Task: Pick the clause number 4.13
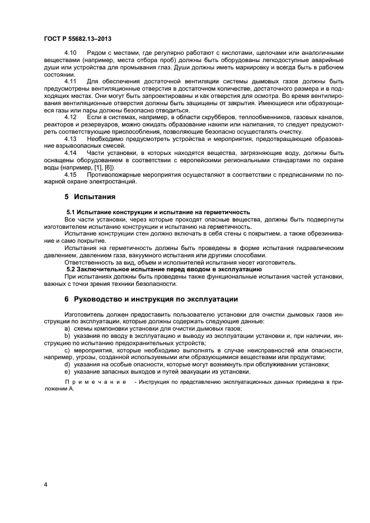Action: (71, 138)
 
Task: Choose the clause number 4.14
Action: (71, 152)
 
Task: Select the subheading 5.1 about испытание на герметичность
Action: (158, 212)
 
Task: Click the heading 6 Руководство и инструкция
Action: (151, 299)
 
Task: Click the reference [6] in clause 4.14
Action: (110, 167)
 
